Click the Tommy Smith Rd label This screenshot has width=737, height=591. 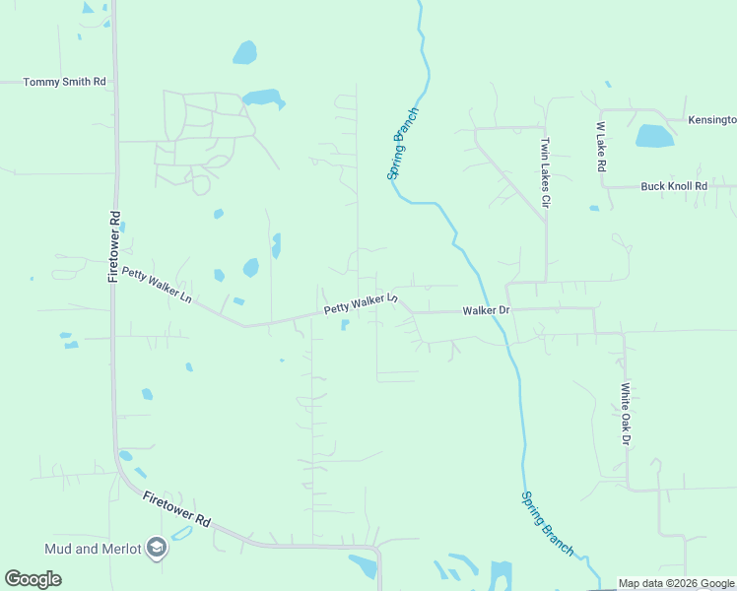coord(64,82)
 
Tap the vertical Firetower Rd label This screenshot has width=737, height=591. coord(114,246)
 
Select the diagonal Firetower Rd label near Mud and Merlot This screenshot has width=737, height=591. coord(176,509)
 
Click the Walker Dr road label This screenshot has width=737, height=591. coord(486,310)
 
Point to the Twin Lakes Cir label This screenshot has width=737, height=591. coord(543,173)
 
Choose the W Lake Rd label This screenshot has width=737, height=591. coord(599,148)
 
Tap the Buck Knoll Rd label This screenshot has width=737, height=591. coord(674,185)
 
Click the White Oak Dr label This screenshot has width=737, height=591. coord(625,414)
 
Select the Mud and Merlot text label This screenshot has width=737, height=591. coord(92,548)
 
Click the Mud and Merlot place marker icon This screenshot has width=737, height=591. coord(156,548)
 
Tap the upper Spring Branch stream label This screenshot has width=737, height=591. coord(403,142)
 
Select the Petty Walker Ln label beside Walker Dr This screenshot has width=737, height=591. coord(361,303)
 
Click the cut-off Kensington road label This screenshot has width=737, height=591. coord(711,119)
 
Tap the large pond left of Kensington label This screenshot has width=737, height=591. coord(654,136)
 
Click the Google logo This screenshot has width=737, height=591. coord(33,578)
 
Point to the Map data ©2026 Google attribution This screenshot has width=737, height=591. coord(677,584)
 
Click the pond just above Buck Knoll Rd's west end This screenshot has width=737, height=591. coord(594,208)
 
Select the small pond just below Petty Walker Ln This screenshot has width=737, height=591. coord(344,325)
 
